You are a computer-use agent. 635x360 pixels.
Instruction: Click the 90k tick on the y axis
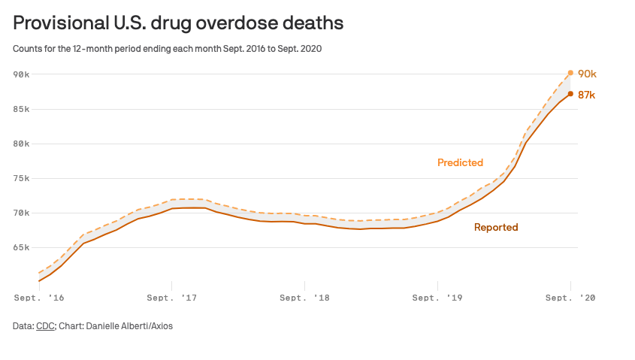click(x=21, y=74)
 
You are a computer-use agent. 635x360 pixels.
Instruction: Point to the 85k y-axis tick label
click(x=21, y=109)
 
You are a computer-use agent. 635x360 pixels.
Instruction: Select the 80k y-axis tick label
click(x=21, y=144)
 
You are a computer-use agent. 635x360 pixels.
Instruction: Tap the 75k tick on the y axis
click(x=21, y=179)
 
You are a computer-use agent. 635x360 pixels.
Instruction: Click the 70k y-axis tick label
click(x=21, y=213)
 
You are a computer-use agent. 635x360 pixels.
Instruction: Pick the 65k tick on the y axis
click(x=21, y=248)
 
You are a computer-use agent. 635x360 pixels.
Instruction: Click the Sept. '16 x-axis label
click(x=38, y=298)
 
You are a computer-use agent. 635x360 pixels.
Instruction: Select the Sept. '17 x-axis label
click(x=172, y=298)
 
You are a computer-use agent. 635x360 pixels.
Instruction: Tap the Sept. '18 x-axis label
click(x=304, y=298)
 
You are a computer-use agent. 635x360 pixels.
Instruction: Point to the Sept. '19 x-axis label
click(x=437, y=298)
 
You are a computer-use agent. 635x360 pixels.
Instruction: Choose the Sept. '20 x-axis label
click(x=570, y=298)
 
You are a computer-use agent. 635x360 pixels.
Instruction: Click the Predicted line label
click(x=460, y=162)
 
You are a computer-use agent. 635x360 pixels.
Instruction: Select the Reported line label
click(x=496, y=227)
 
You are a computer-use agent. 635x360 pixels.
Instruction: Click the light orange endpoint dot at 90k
click(x=571, y=73)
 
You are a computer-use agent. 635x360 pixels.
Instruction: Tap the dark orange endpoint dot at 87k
click(x=571, y=94)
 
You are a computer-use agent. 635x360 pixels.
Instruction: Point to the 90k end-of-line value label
click(x=587, y=74)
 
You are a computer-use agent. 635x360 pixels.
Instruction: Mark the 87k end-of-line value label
click(x=587, y=95)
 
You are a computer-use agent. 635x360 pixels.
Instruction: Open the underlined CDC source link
click(x=44, y=326)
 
